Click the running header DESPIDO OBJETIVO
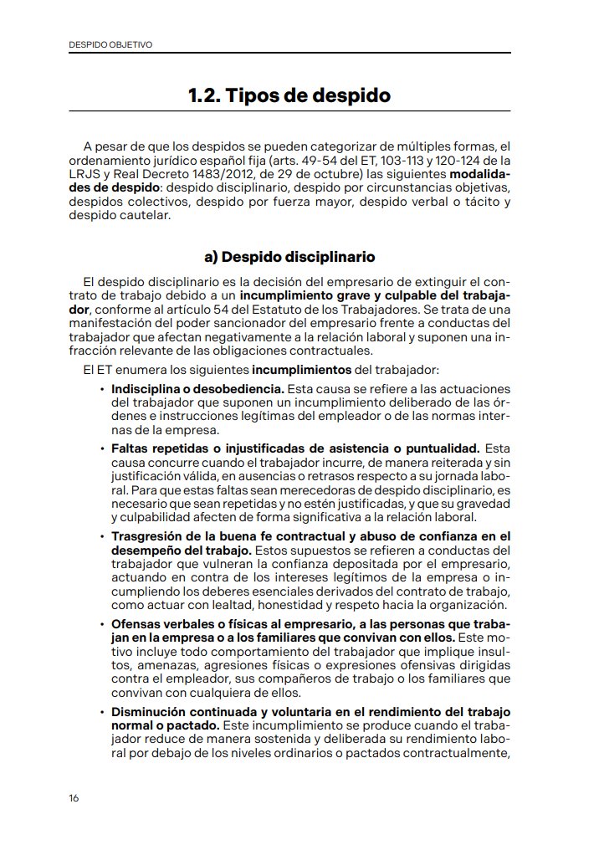tap(110, 44)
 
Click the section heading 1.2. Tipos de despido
tap(289, 95)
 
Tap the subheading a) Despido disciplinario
tap(289, 257)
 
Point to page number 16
tap(74, 797)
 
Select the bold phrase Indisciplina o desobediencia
tap(198, 389)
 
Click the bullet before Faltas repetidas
tap(102, 448)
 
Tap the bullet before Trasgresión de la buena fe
tap(102, 536)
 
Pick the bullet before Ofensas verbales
tap(102, 624)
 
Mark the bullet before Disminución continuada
tap(102, 712)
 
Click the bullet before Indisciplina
tap(102, 389)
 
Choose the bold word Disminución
tap(148, 712)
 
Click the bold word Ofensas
tap(135, 624)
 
